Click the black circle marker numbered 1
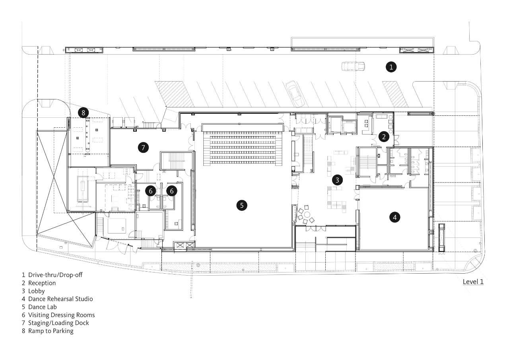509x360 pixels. [x=391, y=67]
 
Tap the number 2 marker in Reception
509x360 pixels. [x=384, y=136]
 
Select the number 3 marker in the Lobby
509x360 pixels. [x=337, y=180]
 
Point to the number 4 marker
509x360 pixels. [x=395, y=217]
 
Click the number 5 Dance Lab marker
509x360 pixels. [x=241, y=205]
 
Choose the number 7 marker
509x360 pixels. [x=143, y=148]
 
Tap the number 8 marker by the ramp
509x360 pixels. [x=83, y=113]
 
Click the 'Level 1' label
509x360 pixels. [x=473, y=282]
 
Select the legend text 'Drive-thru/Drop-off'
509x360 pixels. [x=55, y=275]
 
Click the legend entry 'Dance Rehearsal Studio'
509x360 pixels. [x=60, y=299]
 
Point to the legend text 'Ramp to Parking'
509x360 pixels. [x=51, y=331]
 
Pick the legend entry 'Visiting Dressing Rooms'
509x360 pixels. [x=61, y=315]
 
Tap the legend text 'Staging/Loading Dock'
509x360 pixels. [x=58, y=323]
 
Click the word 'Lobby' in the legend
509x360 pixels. [x=36, y=291]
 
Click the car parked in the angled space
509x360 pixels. [x=295, y=93]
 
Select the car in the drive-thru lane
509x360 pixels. [x=354, y=66]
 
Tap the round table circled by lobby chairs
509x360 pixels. [x=307, y=214]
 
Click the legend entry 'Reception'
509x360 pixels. [x=42, y=283]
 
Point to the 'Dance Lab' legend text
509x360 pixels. [x=42, y=307]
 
